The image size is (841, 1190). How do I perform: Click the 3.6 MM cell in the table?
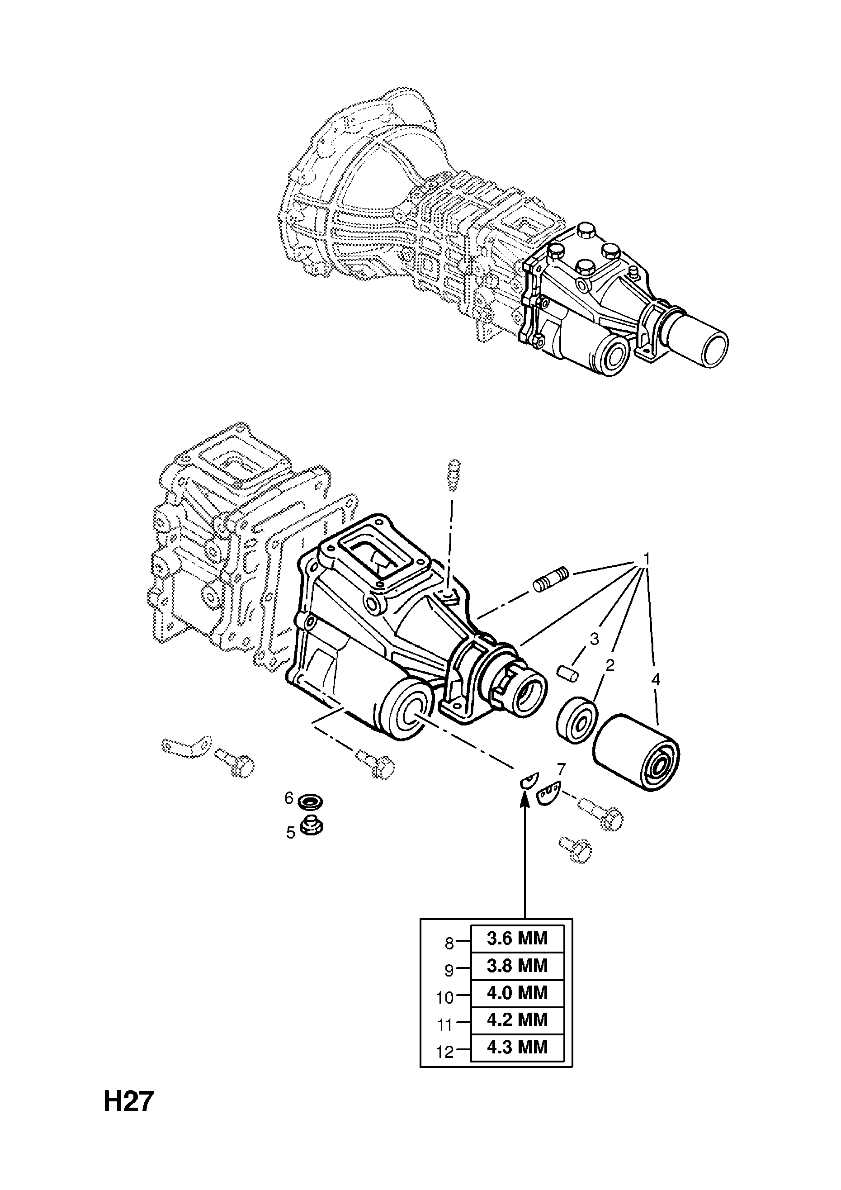517,939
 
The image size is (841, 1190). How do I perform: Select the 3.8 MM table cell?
517,966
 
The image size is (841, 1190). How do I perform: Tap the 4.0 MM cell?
517,992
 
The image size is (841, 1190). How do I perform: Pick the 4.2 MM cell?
517,1019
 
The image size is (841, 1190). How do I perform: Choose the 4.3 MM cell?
517,1047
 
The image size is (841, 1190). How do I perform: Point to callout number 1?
646,558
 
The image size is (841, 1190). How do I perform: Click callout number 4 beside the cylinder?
656,679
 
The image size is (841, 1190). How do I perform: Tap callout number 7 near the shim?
561,768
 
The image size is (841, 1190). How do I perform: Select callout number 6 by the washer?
289,798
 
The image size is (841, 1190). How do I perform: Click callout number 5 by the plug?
291,832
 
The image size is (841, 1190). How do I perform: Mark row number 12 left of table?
444,1052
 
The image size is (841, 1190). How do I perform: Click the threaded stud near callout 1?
551,579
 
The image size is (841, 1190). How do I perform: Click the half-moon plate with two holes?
548,793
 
